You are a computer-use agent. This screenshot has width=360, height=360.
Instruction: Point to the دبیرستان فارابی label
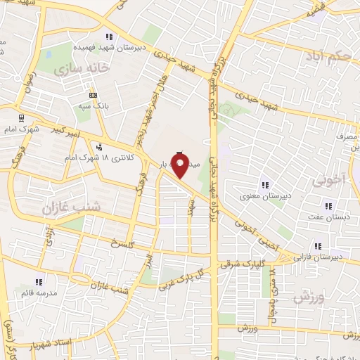(320, 257)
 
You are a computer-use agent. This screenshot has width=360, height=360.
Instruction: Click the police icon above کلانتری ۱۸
(98, 147)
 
